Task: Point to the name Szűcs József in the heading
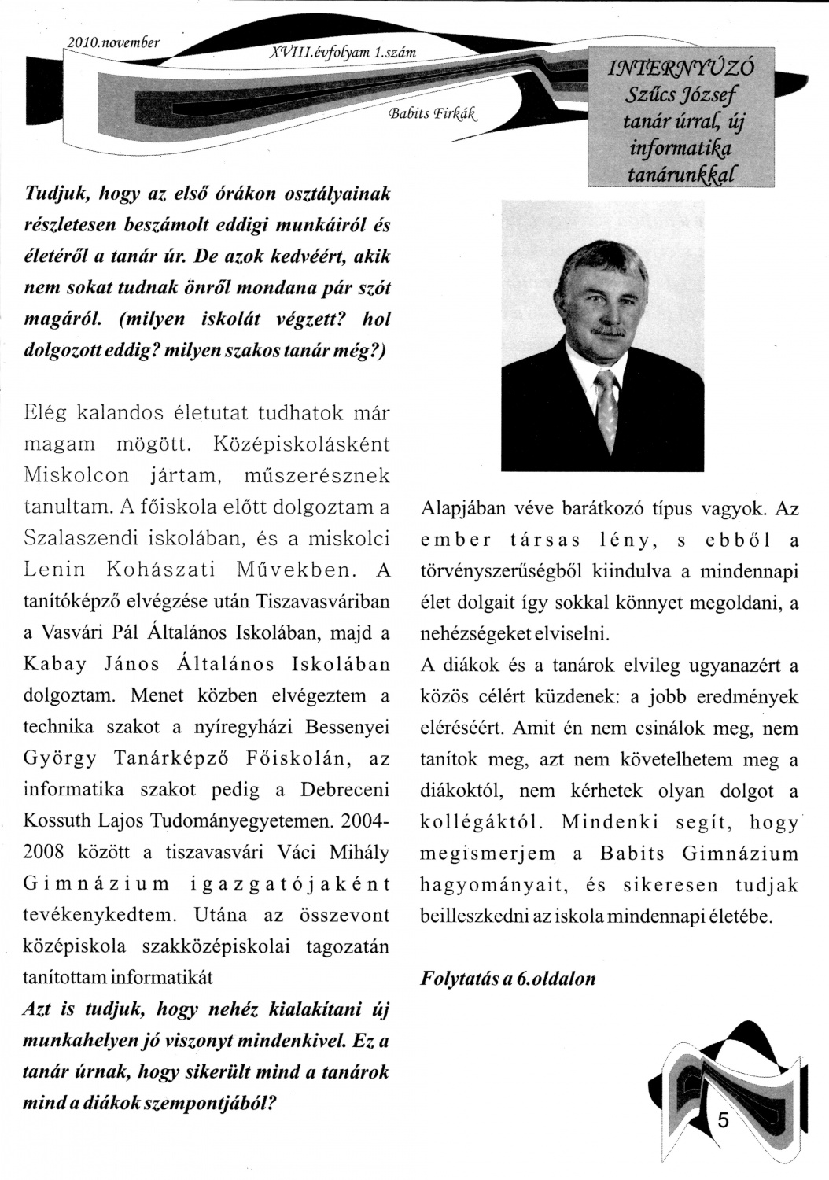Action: tap(681, 96)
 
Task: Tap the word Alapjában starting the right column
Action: tap(460, 508)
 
